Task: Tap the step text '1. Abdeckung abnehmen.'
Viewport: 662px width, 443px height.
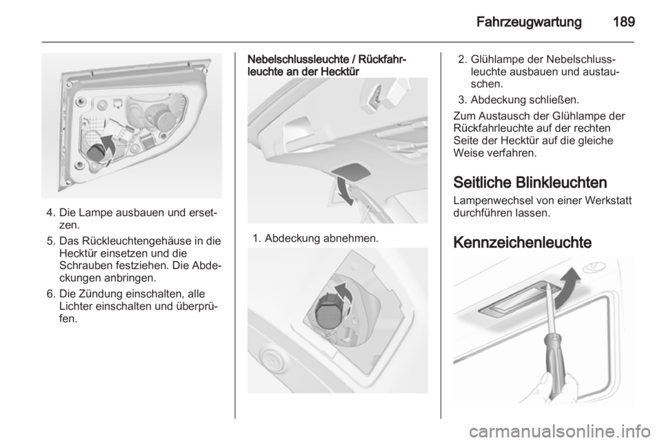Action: [x=315, y=239]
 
